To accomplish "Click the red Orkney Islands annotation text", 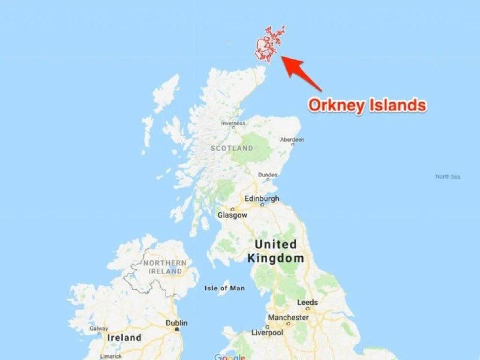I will point(367,106).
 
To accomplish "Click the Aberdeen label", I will point(292,139).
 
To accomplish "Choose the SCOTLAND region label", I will point(232,148).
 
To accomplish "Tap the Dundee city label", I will point(268,175).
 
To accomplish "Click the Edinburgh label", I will point(262,199).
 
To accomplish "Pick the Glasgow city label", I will point(232,214).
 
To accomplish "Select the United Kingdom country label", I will point(275,251).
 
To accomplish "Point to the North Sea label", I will point(448,176).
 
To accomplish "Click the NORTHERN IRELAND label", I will point(164,267).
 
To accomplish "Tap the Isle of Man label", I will point(224,288).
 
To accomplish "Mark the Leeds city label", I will point(307,302).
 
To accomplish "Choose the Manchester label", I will point(288,317).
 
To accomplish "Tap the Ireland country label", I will point(125,337).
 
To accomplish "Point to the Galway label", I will point(98,328).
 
